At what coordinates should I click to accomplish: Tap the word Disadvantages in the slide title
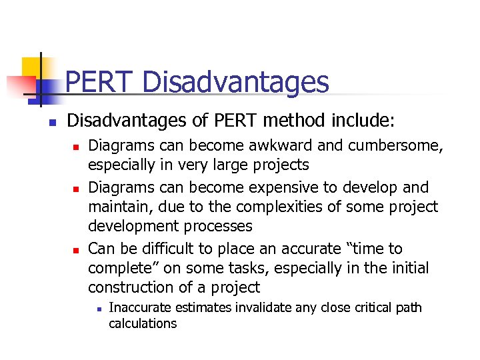(x=235, y=83)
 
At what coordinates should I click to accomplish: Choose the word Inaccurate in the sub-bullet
(x=139, y=308)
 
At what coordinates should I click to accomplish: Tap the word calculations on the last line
(x=143, y=323)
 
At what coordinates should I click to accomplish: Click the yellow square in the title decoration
(x=32, y=67)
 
